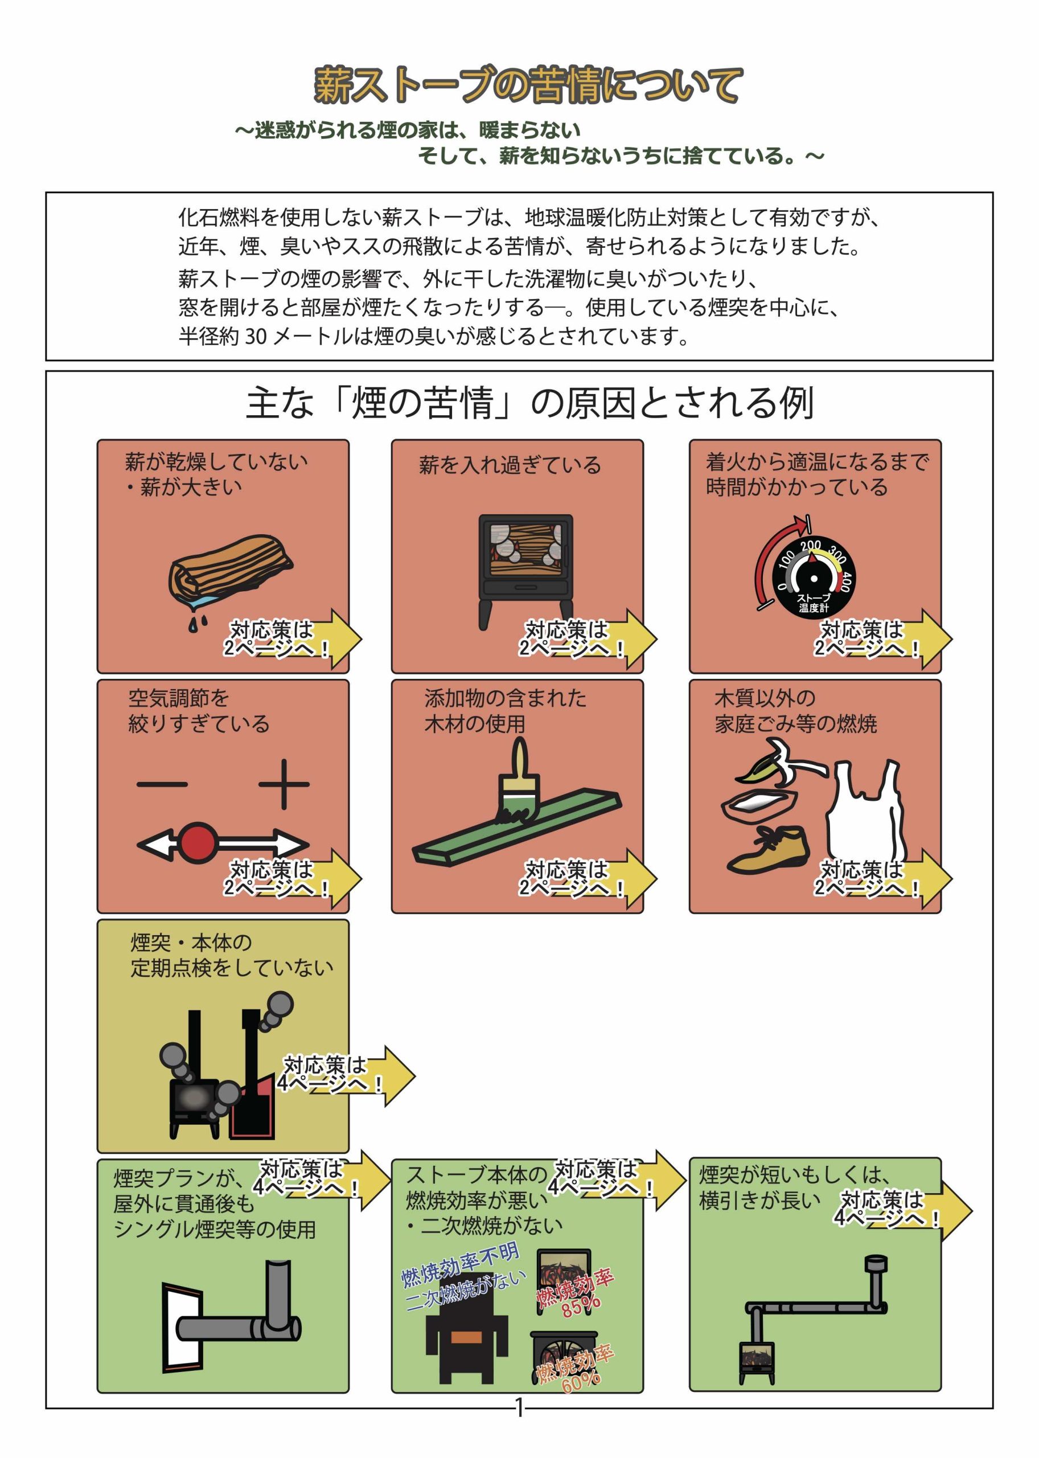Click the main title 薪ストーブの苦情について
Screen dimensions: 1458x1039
(x=528, y=85)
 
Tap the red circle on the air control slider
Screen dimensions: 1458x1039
(x=197, y=843)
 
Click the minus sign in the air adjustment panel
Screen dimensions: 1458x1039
(x=162, y=784)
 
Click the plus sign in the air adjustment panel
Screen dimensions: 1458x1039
(x=284, y=784)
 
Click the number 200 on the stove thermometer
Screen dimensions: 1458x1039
(x=810, y=546)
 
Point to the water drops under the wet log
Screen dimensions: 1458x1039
(x=198, y=621)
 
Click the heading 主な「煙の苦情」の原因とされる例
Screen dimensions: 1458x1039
(x=529, y=403)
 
